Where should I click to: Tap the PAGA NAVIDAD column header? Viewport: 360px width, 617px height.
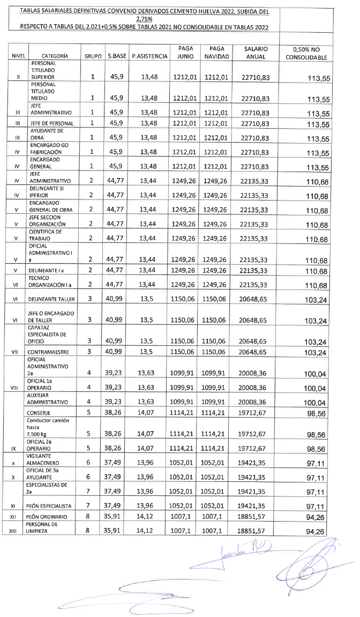(217, 52)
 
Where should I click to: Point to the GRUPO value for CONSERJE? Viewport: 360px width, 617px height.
(92, 412)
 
